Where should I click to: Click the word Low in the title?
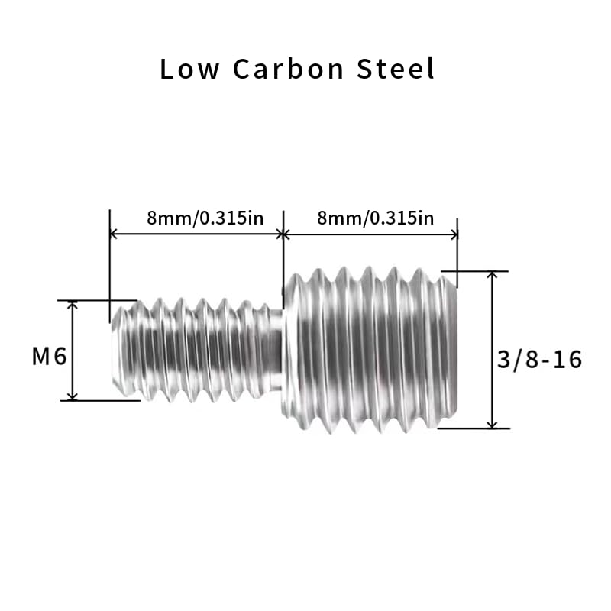pos(189,69)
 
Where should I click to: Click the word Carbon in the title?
pos(289,69)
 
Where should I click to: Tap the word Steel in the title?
pos(396,69)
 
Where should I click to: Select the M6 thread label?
pos(50,356)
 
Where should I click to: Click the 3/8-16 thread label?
pos(540,359)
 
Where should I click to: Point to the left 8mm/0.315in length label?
pos(205,218)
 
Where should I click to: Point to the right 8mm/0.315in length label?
pos(375,218)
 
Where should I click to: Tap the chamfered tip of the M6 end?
pos(117,351)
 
